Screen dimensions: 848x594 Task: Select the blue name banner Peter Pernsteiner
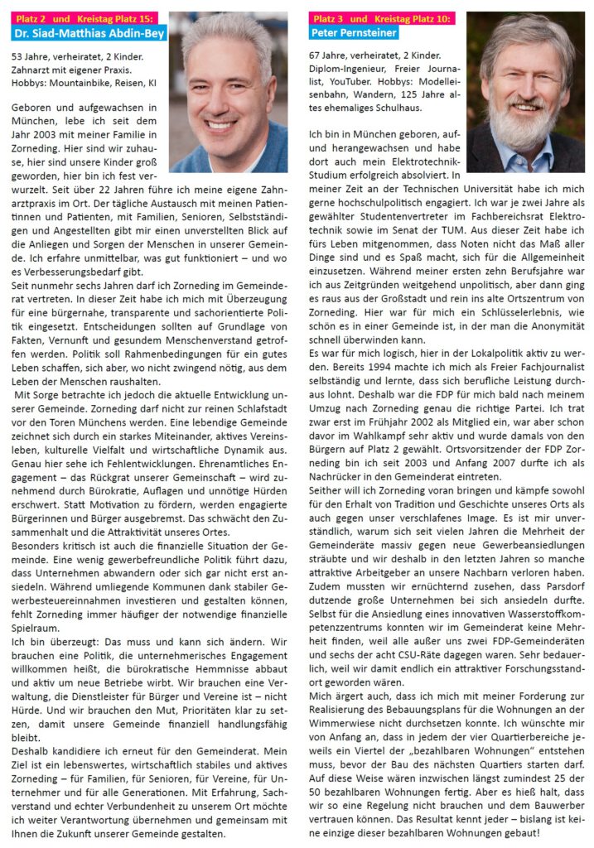coord(355,33)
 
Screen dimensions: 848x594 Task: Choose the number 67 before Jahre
coord(316,57)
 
